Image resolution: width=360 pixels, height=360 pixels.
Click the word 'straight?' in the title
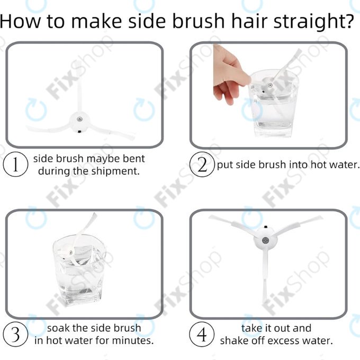point(314,22)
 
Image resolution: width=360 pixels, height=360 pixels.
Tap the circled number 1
point(15,165)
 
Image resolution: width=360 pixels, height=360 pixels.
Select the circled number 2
point(202,165)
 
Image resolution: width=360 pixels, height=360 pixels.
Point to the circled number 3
point(15,334)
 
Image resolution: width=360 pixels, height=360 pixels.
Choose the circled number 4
point(202,334)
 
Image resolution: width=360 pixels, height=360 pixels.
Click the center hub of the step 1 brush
point(79,121)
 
